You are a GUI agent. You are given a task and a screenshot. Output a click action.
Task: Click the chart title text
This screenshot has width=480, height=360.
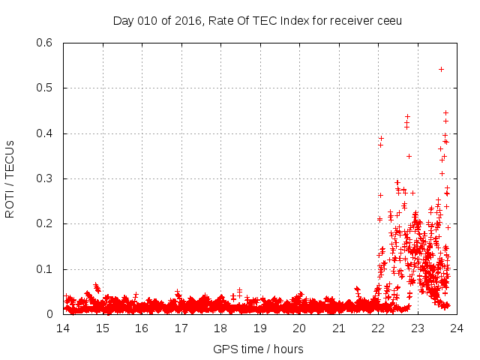pyautogui.click(x=257, y=20)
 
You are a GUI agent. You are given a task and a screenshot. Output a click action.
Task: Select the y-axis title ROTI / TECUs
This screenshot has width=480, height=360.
pyautogui.click(x=10, y=178)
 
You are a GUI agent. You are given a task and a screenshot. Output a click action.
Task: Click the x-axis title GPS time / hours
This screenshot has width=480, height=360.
pyautogui.click(x=258, y=349)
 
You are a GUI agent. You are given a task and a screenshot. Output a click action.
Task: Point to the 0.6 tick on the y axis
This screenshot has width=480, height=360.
pyautogui.click(x=45, y=43)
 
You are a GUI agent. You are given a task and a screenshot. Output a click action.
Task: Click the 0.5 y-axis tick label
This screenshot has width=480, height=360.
pyautogui.click(x=45, y=88)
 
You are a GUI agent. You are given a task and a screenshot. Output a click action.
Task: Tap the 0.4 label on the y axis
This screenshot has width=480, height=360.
pyautogui.click(x=45, y=133)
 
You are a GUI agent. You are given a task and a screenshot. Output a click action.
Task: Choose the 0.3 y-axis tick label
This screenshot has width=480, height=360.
pyautogui.click(x=45, y=178)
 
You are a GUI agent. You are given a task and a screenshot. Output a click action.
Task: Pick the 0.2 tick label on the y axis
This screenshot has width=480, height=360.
pyautogui.click(x=45, y=224)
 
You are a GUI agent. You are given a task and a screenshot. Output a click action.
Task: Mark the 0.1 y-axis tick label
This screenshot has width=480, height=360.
pyautogui.click(x=45, y=269)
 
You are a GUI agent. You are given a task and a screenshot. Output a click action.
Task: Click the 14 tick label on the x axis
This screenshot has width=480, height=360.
pyautogui.click(x=63, y=328)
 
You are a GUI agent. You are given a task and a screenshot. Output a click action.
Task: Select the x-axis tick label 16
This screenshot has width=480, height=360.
pyautogui.click(x=142, y=328)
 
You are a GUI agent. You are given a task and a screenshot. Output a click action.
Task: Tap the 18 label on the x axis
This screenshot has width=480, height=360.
pyautogui.click(x=220, y=328)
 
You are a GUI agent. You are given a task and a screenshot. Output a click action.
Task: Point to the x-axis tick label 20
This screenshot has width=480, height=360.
pyautogui.click(x=299, y=328)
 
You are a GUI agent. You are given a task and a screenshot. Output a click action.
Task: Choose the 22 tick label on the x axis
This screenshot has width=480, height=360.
pyautogui.click(x=378, y=328)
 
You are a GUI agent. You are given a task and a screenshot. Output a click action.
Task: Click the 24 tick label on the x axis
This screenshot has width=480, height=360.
pyautogui.click(x=457, y=328)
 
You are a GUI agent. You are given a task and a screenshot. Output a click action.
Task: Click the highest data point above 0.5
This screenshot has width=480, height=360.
pyautogui.click(x=441, y=69)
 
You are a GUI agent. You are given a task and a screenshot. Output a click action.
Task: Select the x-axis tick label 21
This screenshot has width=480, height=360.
pyautogui.click(x=338, y=328)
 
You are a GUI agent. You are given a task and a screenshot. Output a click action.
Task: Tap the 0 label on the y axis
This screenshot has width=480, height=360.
pyautogui.click(x=50, y=314)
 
